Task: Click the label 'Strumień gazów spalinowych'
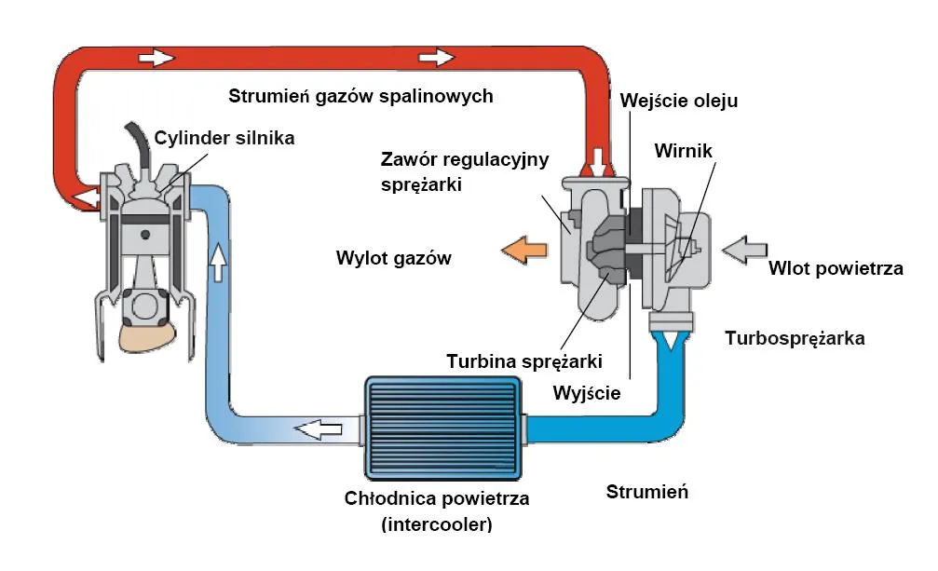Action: [360, 96]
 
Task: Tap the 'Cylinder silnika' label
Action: [224, 138]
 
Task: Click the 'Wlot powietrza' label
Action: [836, 269]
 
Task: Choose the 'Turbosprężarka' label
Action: [795, 338]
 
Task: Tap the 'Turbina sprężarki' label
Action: [525, 360]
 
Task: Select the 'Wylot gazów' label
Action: [393, 258]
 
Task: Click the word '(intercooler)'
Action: [436, 524]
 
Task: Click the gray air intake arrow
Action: [745, 250]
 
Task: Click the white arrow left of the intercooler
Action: [319, 429]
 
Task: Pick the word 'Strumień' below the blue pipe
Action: [646, 492]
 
